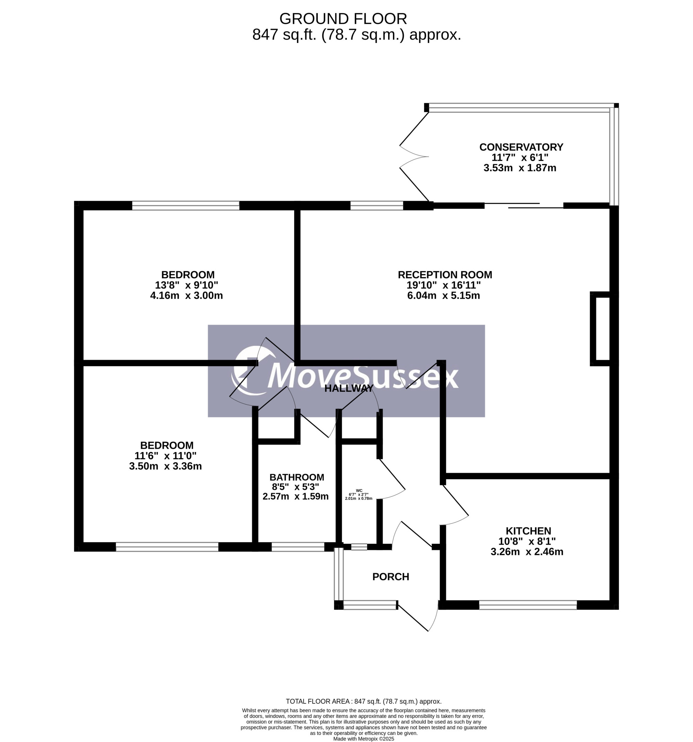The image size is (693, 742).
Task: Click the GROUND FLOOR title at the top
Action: point(343,19)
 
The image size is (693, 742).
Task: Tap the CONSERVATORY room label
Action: point(521,147)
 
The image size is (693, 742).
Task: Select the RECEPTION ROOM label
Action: point(445,275)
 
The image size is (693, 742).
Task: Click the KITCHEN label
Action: point(528,531)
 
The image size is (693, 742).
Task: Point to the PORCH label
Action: point(391,577)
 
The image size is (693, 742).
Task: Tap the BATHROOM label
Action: point(297,477)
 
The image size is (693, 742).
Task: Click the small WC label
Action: point(359,491)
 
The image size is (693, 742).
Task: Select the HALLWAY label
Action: point(349,388)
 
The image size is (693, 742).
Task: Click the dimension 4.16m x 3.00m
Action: point(186,295)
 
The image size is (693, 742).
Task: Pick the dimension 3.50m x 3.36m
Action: point(165,466)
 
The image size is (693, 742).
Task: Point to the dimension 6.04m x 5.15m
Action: point(444,295)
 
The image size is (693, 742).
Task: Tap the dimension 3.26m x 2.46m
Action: point(527,551)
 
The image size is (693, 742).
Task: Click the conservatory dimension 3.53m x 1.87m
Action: point(520,168)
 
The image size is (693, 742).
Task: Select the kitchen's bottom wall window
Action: point(528,605)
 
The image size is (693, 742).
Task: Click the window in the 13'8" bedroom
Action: point(186,206)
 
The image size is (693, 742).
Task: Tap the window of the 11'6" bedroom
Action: point(167,547)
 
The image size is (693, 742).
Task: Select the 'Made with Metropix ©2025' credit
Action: point(364,739)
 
